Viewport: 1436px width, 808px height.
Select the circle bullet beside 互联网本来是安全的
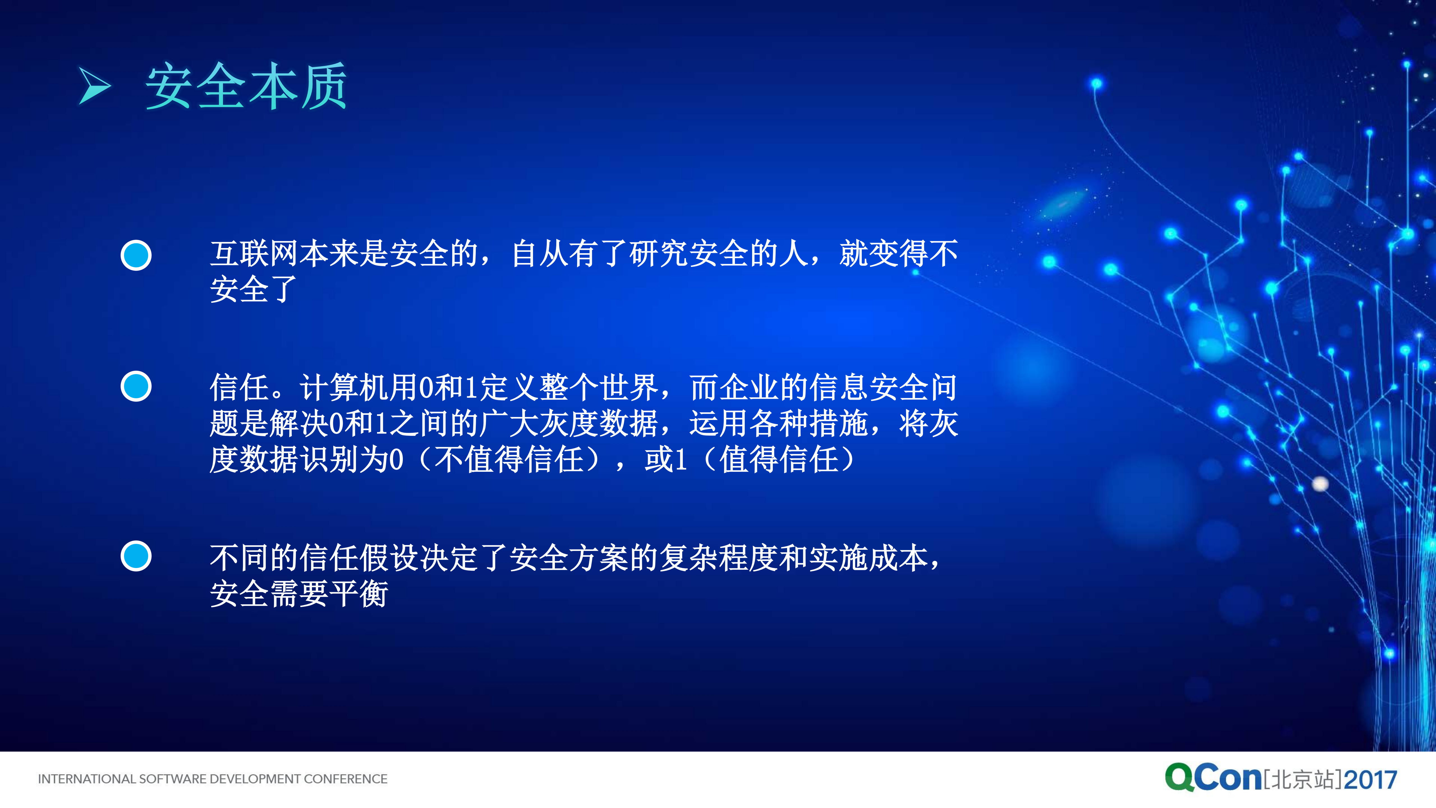click(136, 255)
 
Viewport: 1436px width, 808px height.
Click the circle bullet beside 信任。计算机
click(136, 386)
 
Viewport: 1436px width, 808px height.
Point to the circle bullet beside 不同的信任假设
click(136, 556)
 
